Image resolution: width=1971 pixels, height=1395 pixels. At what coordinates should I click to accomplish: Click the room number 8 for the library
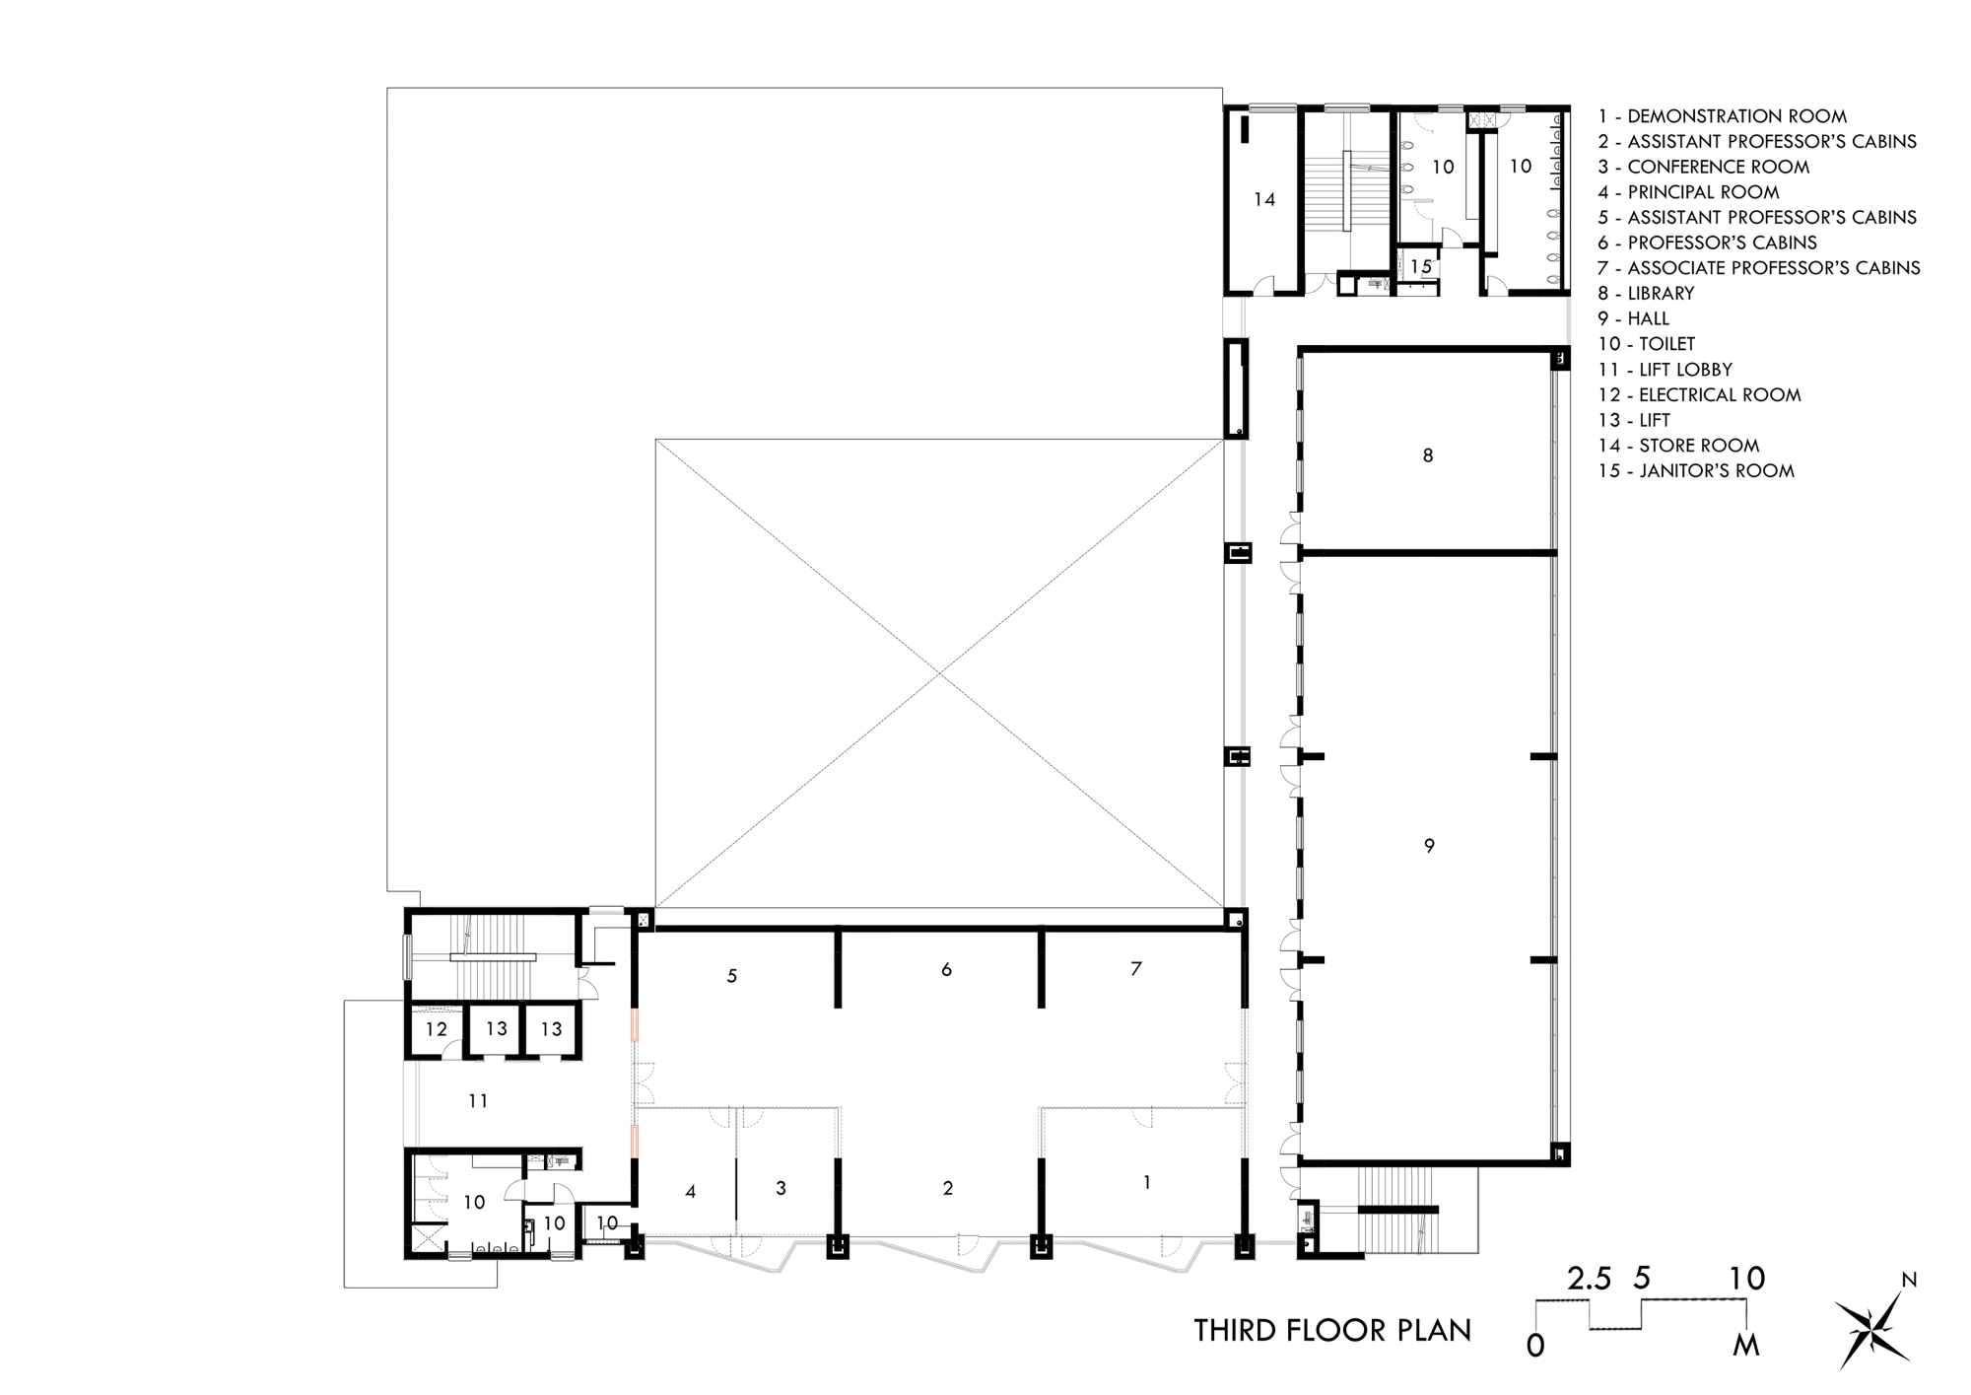tap(1427, 455)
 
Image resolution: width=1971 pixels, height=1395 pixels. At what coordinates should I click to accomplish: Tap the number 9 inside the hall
tap(1429, 845)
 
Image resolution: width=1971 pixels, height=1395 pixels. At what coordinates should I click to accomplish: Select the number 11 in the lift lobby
tap(478, 1100)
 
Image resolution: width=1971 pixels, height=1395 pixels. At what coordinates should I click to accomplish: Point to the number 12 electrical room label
tap(437, 1029)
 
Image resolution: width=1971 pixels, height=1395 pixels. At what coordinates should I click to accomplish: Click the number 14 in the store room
tap(1264, 199)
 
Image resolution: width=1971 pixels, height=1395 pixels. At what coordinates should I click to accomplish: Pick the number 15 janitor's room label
tap(1420, 266)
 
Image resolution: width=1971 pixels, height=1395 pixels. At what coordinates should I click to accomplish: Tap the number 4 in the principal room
tap(691, 1192)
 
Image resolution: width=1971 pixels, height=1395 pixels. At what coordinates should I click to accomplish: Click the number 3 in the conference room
tap(781, 1188)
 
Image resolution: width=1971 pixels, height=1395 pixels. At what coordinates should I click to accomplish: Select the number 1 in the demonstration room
tap(1146, 1182)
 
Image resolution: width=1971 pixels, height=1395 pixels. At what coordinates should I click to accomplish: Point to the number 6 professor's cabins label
tap(946, 969)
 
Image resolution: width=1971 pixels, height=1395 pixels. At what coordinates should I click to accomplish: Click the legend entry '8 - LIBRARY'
tap(1647, 293)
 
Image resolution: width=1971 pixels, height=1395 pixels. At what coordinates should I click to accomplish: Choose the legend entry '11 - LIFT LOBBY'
tap(1665, 370)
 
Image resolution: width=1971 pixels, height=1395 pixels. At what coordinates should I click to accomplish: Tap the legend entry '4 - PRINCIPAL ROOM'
tap(1689, 192)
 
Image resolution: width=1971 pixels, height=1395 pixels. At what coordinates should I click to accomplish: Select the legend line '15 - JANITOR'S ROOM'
tap(1696, 471)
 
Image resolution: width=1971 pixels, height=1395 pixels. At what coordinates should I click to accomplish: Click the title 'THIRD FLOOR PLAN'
tap(1332, 1330)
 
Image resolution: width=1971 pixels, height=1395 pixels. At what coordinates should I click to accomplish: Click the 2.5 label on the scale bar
tap(1590, 1280)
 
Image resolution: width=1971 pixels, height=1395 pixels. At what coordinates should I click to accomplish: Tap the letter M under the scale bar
tap(1746, 1345)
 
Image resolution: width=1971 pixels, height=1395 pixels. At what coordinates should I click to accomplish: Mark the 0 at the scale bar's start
tap(1535, 1345)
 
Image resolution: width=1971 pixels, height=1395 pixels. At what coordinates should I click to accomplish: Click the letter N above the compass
tap(1909, 1281)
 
